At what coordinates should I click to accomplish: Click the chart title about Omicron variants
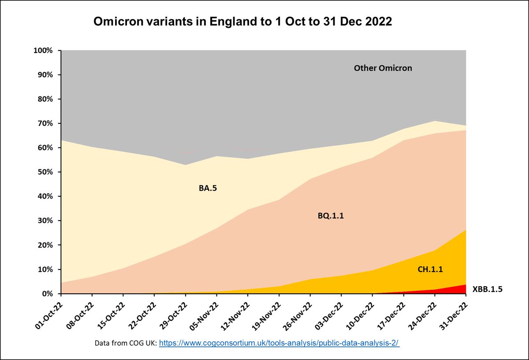tap(242, 22)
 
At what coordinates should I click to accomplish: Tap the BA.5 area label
tap(208, 188)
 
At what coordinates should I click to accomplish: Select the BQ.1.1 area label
tap(330, 216)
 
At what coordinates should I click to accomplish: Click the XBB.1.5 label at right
tap(487, 289)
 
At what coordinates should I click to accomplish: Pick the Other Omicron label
tap(383, 68)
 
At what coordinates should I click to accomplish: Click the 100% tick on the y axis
tap(43, 50)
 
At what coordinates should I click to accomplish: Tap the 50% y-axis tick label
tap(45, 172)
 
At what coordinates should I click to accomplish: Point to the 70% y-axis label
tap(45, 124)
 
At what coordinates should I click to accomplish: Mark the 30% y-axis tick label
tap(45, 221)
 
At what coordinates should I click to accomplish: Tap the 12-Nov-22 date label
tap(234, 314)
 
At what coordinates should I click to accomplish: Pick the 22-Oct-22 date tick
tap(141, 314)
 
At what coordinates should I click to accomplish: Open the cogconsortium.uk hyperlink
tap(279, 343)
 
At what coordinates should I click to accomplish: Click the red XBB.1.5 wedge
tap(461, 290)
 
